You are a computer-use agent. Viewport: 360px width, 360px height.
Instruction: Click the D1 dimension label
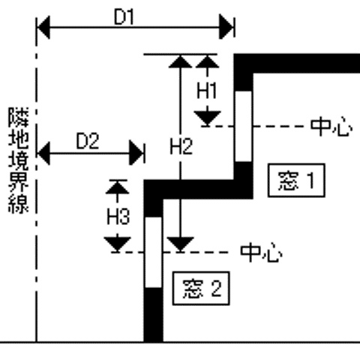coord(124,17)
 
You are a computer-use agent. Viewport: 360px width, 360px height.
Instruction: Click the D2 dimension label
coord(88,141)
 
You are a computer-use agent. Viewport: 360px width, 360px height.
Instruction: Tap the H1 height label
coord(207,91)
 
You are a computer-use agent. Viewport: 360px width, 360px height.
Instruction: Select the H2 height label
coord(181,146)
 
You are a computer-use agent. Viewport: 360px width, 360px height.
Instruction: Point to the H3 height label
coord(118,216)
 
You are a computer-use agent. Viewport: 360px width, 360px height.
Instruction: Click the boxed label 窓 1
coord(296,180)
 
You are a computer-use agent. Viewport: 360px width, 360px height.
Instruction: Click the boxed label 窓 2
coord(201,288)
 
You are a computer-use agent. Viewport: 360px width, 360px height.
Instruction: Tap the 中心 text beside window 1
coord(331,127)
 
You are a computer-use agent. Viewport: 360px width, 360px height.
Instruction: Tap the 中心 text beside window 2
coord(262,253)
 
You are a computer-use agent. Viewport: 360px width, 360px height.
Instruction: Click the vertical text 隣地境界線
coord(19,160)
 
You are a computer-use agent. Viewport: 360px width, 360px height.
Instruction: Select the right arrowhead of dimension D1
coord(226,27)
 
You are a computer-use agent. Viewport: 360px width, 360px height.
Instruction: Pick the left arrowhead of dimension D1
coord(43,27)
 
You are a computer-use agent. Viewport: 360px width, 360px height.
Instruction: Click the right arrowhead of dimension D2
coord(136,153)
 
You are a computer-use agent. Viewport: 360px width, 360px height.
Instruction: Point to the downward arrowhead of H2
coord(180,244)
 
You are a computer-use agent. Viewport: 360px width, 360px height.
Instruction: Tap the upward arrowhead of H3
coord(118,187)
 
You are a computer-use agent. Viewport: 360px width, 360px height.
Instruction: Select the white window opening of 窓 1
coord(244,126)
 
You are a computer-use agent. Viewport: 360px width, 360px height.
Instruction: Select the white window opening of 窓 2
coord(154,252)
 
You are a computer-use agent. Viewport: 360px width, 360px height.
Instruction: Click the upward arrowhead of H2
coord(181,61)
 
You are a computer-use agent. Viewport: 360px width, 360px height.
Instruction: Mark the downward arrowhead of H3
coord(117,244)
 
